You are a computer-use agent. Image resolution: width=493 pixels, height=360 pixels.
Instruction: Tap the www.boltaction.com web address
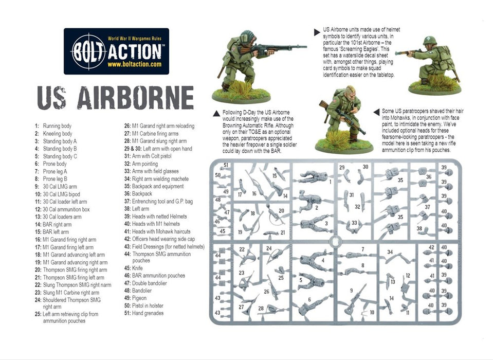pos(135,64)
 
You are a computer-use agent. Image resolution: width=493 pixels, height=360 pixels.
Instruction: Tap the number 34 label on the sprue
pos(390,252)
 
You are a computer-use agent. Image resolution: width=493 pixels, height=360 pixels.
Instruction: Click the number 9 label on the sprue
pos(352,290)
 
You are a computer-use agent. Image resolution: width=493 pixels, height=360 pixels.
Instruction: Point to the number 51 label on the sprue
pos(226,166)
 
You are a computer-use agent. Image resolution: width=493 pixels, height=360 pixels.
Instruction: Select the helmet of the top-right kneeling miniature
pos(429,41)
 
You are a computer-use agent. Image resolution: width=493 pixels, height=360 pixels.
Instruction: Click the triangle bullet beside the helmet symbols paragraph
pos(317,32)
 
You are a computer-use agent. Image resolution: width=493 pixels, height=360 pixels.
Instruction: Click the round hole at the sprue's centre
pos(335,241)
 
